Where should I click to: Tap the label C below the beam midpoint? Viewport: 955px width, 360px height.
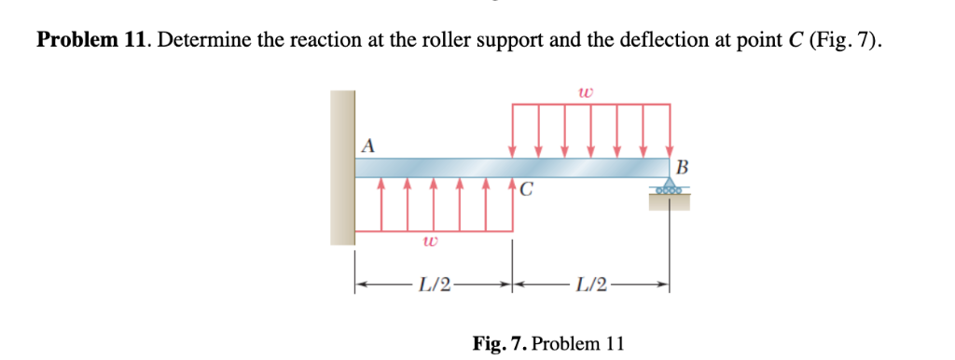[528, 190]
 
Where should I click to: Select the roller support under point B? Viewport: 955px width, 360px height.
[670, 188]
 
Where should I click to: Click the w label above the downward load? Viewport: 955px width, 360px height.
[585, 92]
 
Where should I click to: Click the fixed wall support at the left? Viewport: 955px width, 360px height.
[342, 168]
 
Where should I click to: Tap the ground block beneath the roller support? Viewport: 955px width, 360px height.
[670, 201]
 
